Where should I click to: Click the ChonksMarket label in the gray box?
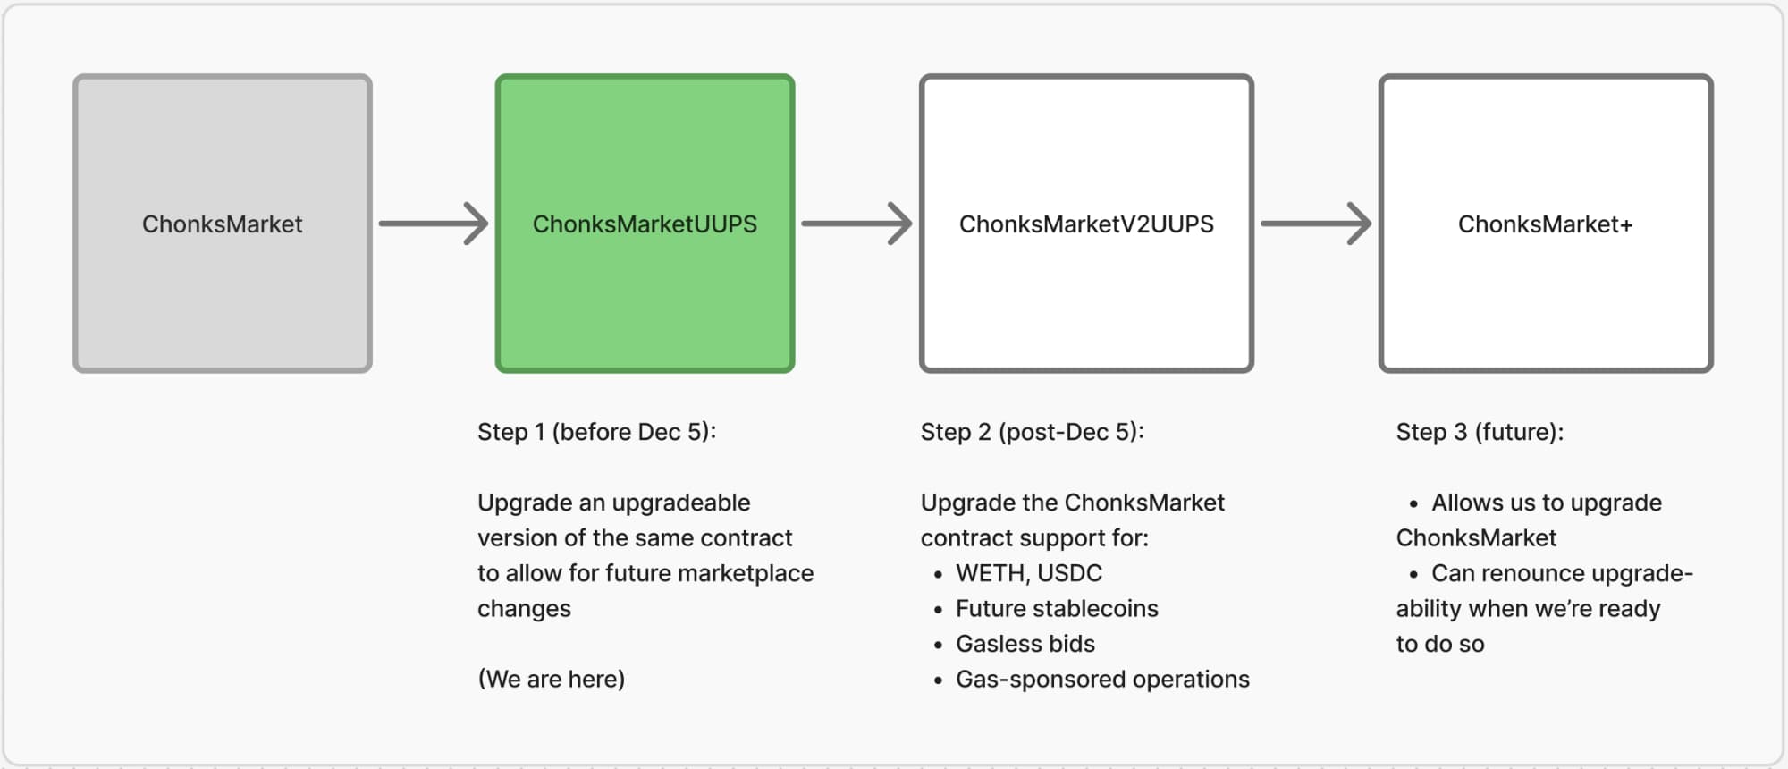coord(222,224)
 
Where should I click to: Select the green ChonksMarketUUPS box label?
coord(645,224)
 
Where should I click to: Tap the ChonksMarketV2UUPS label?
coord(1086,224)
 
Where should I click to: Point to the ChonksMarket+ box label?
coord(1545,224)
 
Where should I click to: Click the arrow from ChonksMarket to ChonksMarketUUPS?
coord(434,224)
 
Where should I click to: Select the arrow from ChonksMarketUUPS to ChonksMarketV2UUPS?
coord(856,224)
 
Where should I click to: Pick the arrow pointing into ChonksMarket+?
coord(1315,224)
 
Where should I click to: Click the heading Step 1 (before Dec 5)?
coord(596,432)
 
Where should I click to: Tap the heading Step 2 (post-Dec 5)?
coord(1032,432)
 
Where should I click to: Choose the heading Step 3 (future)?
coord(1480,432)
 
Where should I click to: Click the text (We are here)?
coord(551,679)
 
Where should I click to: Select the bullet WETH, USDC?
coord(1028,573)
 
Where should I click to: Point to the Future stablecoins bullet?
coord(1056,609)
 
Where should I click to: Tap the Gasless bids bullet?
coord(1025,644)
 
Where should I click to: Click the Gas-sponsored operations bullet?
coord(1101,680)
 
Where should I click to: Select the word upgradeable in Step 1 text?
coord(681,503)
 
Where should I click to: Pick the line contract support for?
coord(1034,538)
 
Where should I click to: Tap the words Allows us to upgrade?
coord(1546,503)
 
